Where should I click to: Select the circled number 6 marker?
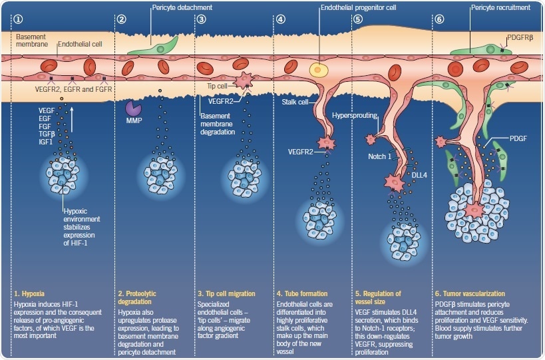439,19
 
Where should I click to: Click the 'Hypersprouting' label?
352,114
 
